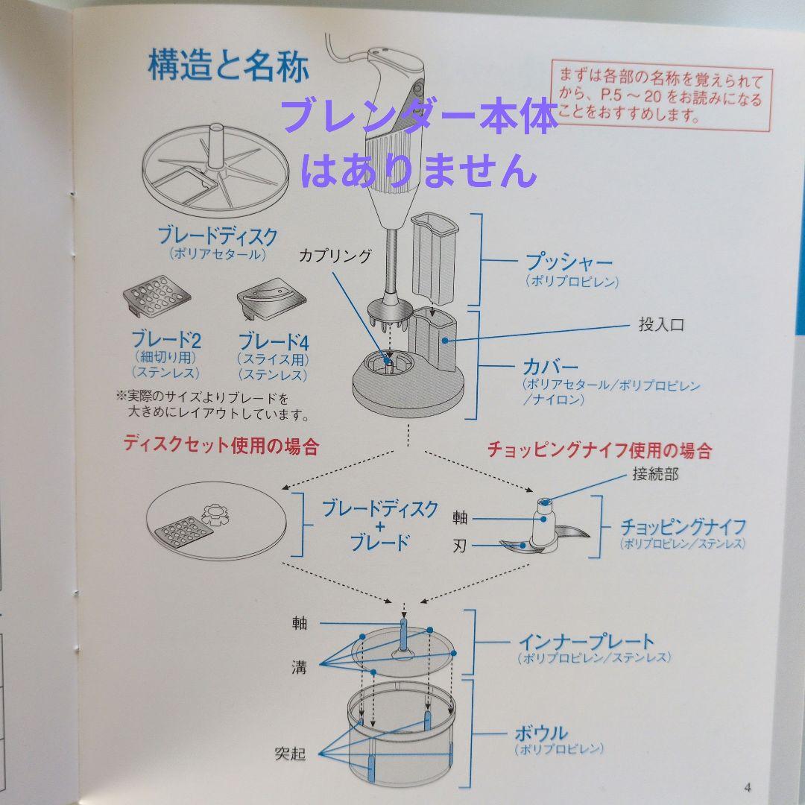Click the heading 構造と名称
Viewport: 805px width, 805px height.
pos(229,65)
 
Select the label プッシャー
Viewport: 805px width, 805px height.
pos(569,262)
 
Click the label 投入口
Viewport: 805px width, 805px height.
pos(661,324)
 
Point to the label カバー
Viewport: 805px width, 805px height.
pos(550,367)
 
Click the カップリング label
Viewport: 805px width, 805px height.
pos(335,256)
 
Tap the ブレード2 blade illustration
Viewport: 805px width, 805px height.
pos(157,296)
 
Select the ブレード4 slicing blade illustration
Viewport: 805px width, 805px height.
pos(271,299)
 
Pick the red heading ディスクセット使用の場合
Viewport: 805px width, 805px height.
pos(221,444)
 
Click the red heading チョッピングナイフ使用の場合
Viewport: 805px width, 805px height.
pos(599,449)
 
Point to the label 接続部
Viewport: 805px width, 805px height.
pos(655,473)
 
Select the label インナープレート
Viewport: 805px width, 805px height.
pos(587,641)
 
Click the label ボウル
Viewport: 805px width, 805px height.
pos(541,733)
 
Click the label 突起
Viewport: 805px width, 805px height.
pos(291,754)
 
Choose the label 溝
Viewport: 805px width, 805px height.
pos(300,667)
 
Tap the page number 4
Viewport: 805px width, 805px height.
pos(747,787)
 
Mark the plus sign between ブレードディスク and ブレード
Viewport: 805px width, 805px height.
pos(379,525)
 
